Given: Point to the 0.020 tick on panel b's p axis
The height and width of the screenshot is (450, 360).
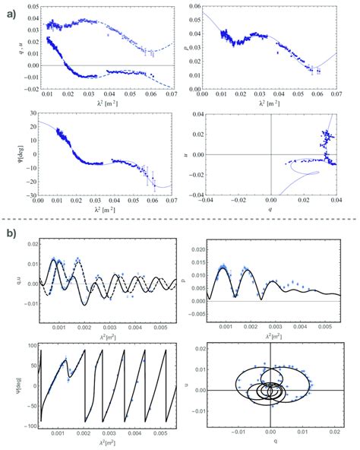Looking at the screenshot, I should tap(194, 249).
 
